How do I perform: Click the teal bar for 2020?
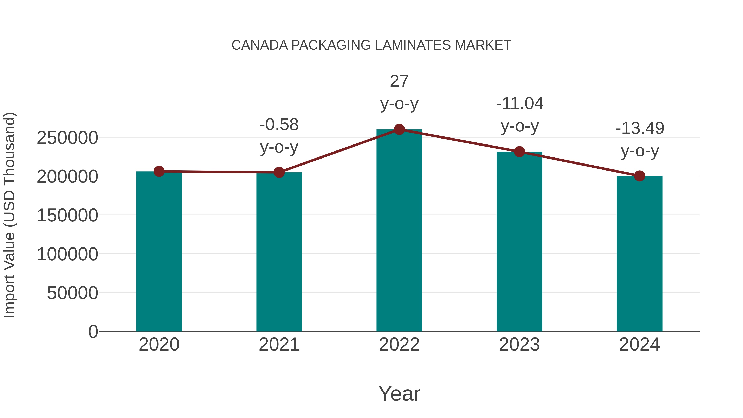click(x=159, y=251)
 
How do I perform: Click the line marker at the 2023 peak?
click(x=519, y=152)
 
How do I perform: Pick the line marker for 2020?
click(x=159, y=171)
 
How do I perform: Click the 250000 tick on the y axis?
click(x=67, y=138)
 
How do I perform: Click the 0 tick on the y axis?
click(x=93, y=332)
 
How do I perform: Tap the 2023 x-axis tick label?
click(x=519, y=345)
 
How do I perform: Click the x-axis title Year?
click(x=399, y=393)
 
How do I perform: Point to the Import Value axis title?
click(x=9, y=215)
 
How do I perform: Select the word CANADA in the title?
click(x=260, y=45)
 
